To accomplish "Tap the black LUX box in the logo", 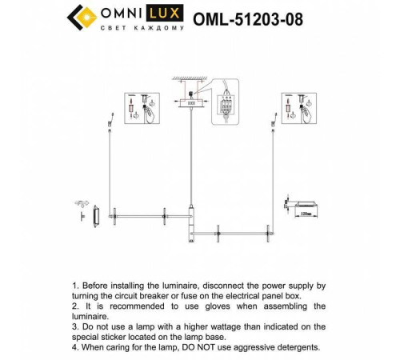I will (x=171, y=13).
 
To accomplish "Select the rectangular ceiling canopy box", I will (x=190, y=103).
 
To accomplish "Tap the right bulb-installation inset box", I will (x=295, y=110).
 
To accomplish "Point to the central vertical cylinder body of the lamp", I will (x=190, y=223).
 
